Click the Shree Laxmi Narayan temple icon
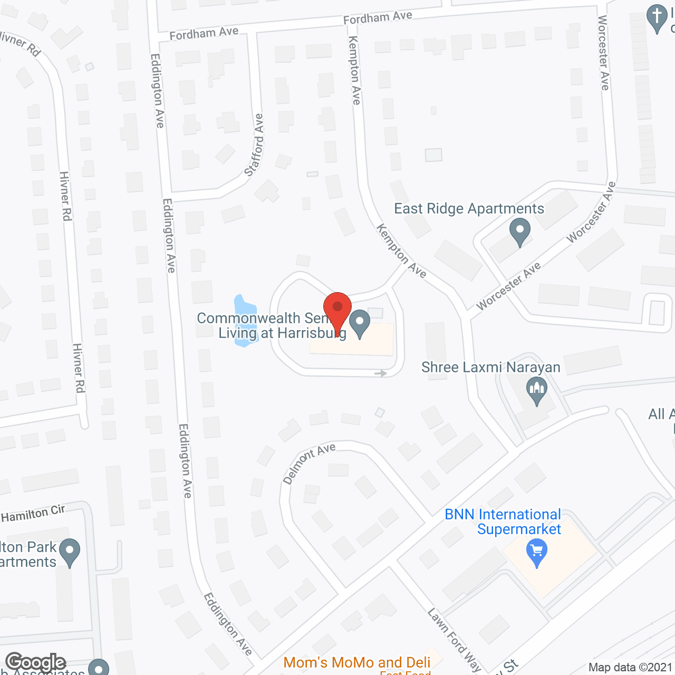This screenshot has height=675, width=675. (537, 391)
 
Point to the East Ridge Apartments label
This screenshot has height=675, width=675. (469, 209)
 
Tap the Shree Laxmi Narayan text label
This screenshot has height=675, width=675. (490, 367)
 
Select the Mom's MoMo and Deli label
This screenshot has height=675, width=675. (357, 662)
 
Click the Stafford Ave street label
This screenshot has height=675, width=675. (254, 145)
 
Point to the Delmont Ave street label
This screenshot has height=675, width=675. (309, 462)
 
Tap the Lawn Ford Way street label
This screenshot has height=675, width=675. (454, 640)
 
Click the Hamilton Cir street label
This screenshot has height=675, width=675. (33, 514)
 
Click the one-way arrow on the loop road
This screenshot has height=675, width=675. (381, 373)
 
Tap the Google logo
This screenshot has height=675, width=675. (36, 662)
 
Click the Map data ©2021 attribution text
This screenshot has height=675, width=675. (630, 668)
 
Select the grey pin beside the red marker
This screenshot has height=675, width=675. (360, 323)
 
